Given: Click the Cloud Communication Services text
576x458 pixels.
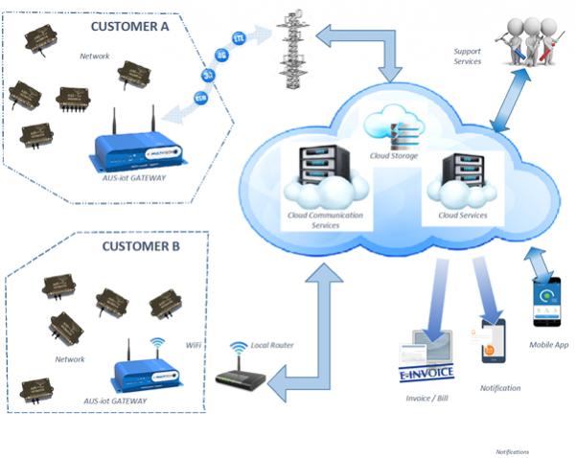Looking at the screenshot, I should [x=325, y=219].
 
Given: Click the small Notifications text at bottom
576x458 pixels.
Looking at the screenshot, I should [x=512, y=451].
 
